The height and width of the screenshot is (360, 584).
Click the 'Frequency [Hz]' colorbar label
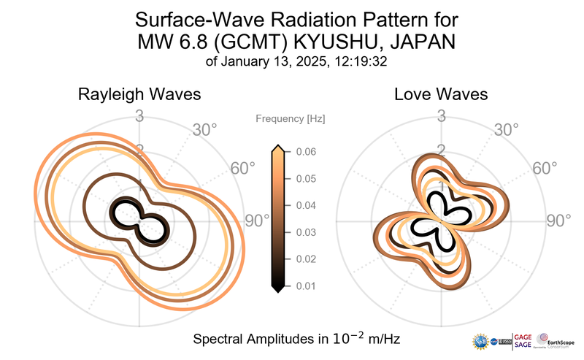[290, 118]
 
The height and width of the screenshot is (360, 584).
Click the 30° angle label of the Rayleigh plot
[204, 131]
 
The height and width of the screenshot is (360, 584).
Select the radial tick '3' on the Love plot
[442, 116]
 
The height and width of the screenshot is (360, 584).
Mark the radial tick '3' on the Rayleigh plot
[139, 116]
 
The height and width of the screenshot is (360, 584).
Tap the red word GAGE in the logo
[523, 336]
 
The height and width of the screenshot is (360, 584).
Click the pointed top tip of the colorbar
[277, 147]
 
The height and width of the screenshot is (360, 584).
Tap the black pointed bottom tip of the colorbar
[277, 291]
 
